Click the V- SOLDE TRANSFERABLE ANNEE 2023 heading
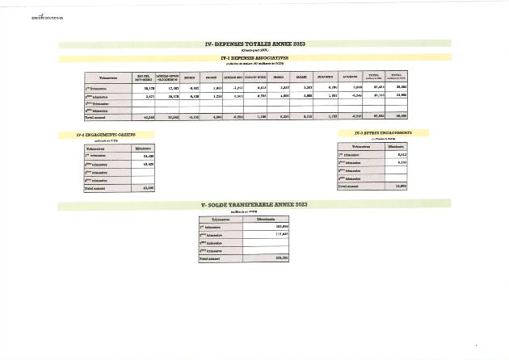point(254,206)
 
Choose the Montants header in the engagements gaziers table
point(142,149)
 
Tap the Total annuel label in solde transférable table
point(214,258)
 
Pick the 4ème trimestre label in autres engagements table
point(352,178)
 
